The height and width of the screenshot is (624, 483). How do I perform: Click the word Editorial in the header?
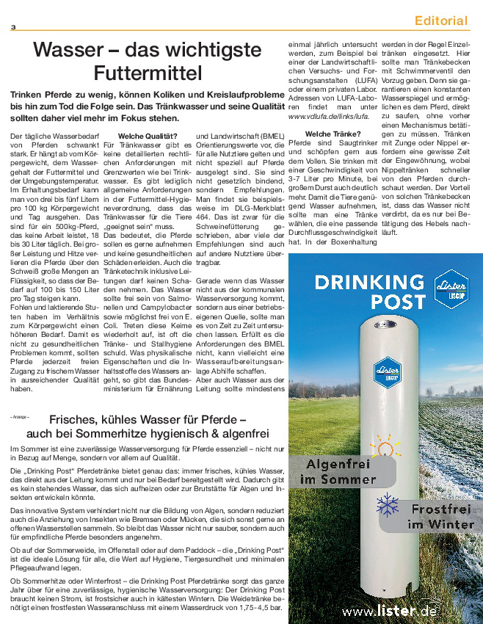(x=440, y=21)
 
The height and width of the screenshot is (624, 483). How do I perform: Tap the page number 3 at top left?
(x=13, y=28)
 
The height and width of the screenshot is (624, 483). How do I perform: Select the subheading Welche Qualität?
(x=148, y=136)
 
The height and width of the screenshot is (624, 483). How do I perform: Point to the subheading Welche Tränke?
(x=333, y=133)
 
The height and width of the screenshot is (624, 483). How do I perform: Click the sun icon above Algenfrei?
(x=382, y=446)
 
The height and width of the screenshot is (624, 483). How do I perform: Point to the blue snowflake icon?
(x=387, y=505)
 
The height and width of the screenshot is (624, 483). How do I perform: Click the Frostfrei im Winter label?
(x=439, y=515)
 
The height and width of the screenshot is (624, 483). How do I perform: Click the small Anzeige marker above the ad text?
(x=20, y=417)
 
